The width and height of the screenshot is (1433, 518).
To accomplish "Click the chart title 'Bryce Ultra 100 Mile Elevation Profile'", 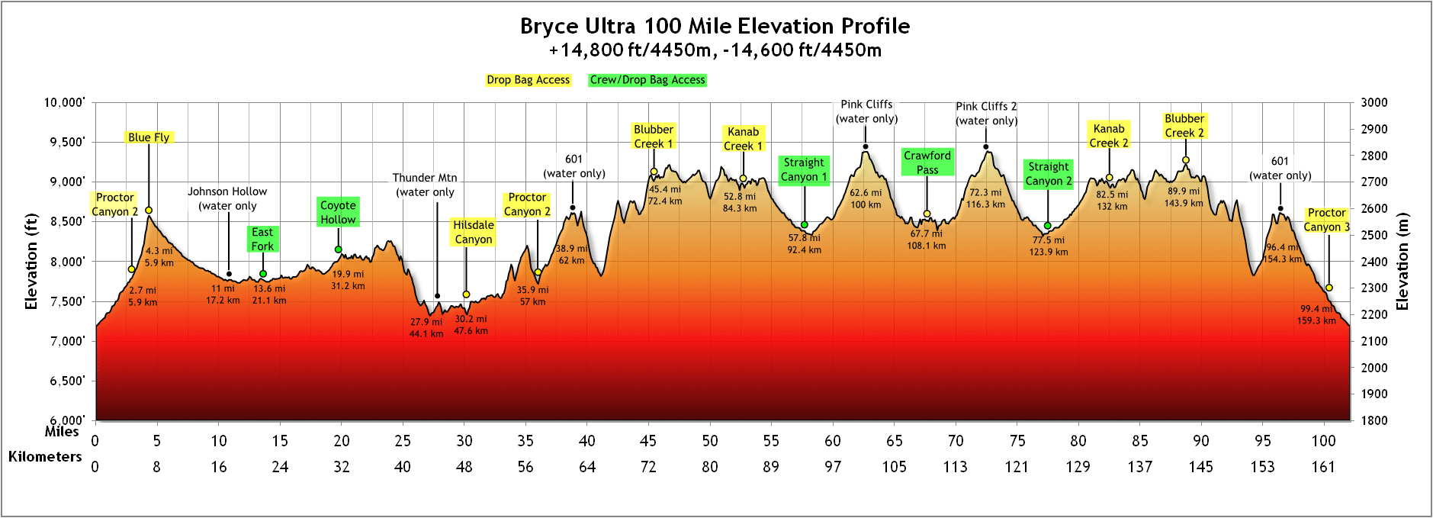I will (x=715, y=26).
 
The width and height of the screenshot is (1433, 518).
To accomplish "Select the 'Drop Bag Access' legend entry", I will (x=528, y=80).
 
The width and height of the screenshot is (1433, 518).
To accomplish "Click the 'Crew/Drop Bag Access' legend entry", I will (x=647, y=80).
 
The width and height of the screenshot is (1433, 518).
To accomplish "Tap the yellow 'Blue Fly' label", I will (x=149, y=137).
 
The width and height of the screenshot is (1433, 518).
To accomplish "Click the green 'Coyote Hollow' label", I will (x=338, y=212).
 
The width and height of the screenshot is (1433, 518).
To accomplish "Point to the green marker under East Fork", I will (x=263, y=274).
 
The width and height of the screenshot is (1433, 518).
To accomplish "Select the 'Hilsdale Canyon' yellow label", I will (x=473, y=232).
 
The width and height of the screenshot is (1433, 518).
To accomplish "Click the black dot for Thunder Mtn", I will (x=437, y=296).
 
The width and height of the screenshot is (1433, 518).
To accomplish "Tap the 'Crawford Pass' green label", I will (x=927, y=162).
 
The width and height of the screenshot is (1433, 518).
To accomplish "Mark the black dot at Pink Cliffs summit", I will (x=866, y=146).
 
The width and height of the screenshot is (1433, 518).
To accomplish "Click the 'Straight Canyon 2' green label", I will (x=1048, y=174).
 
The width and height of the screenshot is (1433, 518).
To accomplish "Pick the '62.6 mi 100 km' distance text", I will (x=866, y=198).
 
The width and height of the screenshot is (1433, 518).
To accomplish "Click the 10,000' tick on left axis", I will (x=64, y=103).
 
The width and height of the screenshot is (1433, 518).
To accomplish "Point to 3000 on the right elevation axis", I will (x=1374, y=103).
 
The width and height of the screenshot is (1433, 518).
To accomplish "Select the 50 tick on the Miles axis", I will (x=710, y=441).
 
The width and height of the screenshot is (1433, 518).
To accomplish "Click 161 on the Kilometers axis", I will (x=1323, y=467).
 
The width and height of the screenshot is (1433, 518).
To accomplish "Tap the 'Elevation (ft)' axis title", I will (x=31, y=262).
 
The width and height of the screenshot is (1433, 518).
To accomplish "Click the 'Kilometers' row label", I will (x=45, y=457).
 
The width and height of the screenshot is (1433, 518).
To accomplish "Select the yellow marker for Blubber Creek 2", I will (x=1185, y=160).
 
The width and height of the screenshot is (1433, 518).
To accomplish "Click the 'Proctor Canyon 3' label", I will (x=1326, y=220).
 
